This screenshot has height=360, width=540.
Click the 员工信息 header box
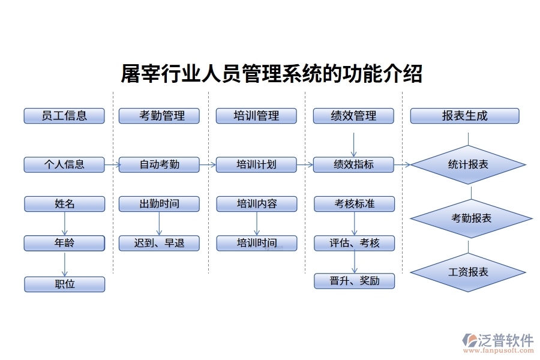coord(64,116)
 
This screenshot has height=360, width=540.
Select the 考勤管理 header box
coord(159,116)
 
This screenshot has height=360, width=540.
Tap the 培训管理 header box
coord(256,116)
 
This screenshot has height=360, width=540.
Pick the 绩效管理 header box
coord(353,116)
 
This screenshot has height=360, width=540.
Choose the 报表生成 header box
coord(464,116)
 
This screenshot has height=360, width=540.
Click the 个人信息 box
coord(64,164)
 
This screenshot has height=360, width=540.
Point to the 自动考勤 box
coord(159,164)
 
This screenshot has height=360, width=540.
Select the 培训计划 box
coord(256,164)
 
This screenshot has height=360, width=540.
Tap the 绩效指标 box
coord(353,164)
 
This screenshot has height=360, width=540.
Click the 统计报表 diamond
coord(468,164)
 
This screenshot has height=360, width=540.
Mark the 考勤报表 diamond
coord(471,218)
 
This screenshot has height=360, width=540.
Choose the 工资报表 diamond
coord(468,272)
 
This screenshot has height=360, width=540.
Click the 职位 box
coord(64,284)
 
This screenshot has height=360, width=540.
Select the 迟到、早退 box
coord(159,243)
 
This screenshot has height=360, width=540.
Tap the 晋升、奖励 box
coord(354,281)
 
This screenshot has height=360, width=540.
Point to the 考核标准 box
coord(354,204)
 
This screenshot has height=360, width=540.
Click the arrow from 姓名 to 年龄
coord(64,223)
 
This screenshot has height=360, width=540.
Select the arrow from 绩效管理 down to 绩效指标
coord(353,144)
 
